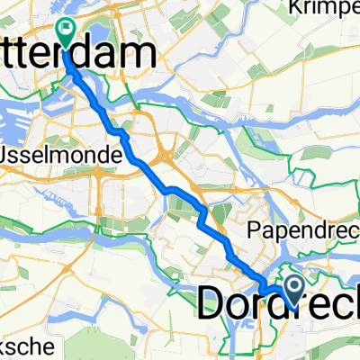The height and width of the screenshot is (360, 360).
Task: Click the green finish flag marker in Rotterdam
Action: tap(65, 31)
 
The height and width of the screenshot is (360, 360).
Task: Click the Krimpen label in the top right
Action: tap(324, 9)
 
